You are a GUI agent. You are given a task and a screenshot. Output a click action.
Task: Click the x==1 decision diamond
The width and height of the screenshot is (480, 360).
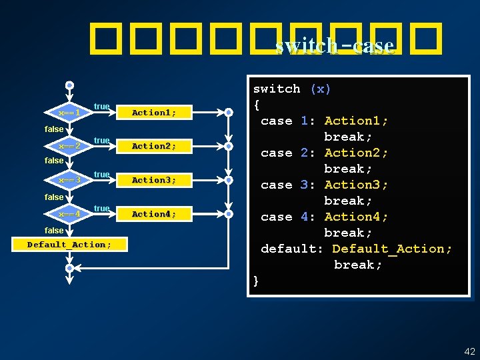tap(69, 113)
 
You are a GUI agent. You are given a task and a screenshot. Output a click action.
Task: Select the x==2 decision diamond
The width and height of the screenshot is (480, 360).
tap(69, 146)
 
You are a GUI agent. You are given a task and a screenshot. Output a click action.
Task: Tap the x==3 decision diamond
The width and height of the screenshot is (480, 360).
tap(69, 180)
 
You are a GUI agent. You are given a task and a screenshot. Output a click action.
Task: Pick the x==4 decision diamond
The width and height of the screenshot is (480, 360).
tap(69, 214)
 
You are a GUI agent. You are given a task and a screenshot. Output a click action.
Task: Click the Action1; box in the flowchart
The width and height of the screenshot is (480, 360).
tap(154, 113)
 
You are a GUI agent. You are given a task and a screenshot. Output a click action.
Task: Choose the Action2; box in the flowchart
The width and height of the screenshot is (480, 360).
tap(154, 146)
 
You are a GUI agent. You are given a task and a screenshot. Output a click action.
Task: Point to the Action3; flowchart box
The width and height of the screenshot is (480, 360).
tap(154, 180)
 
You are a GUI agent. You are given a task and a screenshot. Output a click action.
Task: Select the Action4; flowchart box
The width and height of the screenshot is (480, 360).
tap(154, 214)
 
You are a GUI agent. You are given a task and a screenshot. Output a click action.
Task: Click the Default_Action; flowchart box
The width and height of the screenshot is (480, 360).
tap(69, 245)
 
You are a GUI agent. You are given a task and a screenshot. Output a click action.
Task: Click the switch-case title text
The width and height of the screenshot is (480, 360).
tap(335, 46)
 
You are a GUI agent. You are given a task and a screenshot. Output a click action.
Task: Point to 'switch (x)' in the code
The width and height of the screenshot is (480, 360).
tap(292, 89)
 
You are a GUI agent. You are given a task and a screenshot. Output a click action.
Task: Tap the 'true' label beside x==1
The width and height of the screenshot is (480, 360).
tap(102, 107)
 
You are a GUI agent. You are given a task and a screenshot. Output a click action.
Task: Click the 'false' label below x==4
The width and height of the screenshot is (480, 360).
tap(54, 230)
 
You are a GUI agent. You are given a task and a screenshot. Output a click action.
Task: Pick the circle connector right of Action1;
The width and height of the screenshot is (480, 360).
tap(228, 113)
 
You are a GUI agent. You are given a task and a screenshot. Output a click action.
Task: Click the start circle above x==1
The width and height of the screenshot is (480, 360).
tap(69, 86)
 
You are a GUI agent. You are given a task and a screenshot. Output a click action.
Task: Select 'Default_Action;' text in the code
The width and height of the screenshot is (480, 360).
tap(392, 249)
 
